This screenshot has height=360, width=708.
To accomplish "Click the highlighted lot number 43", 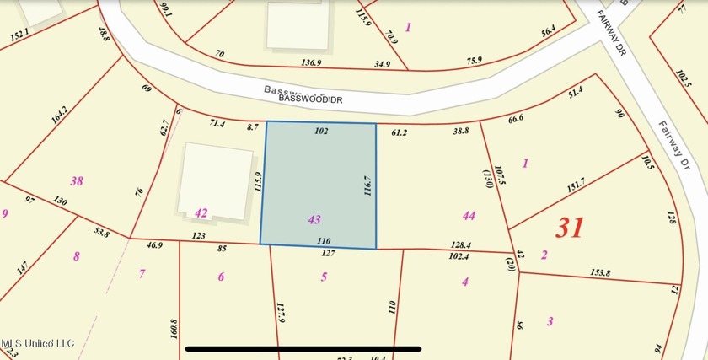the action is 314,219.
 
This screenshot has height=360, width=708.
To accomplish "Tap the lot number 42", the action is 201,213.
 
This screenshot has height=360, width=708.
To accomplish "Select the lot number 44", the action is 469,216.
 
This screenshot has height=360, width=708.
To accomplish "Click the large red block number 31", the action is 570,227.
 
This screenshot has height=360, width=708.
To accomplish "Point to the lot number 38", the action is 77,180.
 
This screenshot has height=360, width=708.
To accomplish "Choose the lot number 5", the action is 324,276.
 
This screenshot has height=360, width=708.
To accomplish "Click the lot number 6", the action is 221,277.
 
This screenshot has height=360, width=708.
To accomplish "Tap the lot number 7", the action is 142,272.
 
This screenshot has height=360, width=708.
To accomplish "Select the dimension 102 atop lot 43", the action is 320,132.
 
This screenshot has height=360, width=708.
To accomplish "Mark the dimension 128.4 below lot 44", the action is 460,245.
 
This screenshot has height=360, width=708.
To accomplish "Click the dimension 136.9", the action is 311,62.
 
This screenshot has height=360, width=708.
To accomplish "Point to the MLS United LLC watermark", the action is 37,343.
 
